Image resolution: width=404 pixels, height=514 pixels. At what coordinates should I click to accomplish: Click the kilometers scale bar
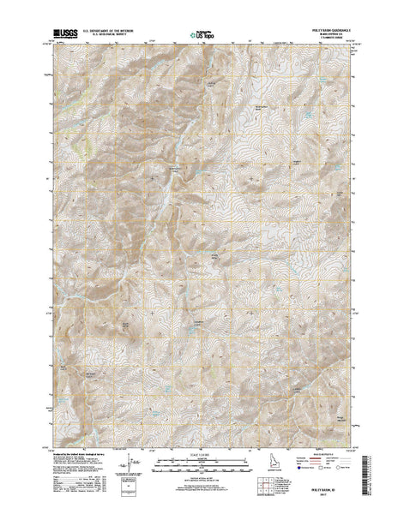[202, 459]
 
